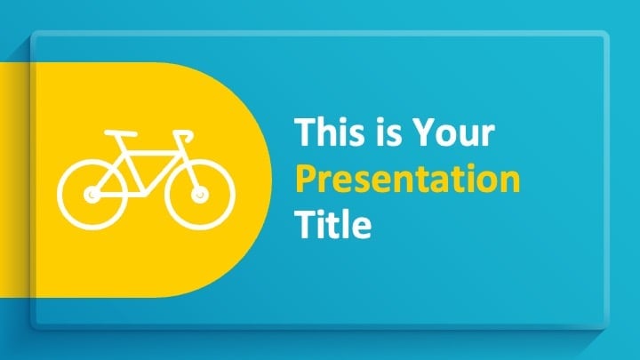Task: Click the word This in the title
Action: coord(330,132)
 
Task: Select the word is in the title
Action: coord(388,132)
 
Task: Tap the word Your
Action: coord(453,132)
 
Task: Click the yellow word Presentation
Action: coord(408,180)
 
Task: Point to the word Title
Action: coord(333,224)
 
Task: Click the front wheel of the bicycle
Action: coord(200,195)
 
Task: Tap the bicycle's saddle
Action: coord(120,133)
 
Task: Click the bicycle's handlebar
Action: coord(184,135)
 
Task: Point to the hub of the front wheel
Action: coord(200,195)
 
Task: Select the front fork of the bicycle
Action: coord(188,172)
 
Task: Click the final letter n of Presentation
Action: coord(511,182)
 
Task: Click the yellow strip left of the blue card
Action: coord(15,180)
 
